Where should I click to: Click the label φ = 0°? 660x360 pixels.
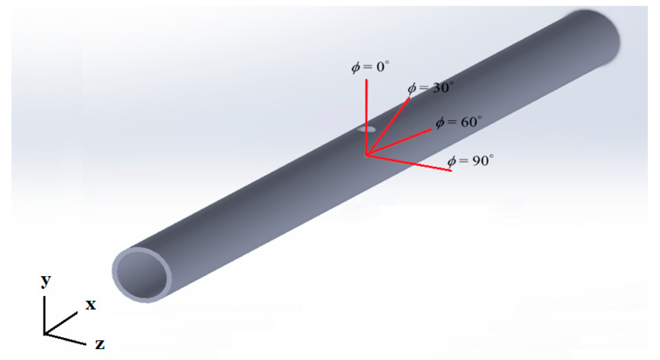point(370,66)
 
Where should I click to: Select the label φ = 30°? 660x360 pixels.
point(431,88)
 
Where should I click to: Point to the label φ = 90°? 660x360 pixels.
point(471,161)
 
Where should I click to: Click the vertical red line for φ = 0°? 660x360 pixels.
point(366,117)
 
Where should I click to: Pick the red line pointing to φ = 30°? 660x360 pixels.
point(388,126)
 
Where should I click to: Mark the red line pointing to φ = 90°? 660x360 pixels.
point(409,163)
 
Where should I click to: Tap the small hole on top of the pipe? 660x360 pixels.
point(367,130)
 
